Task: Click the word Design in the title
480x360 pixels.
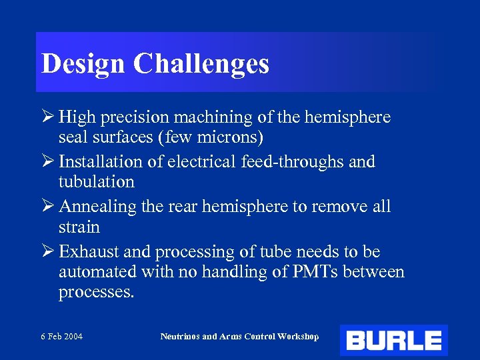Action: (x=83, y=64)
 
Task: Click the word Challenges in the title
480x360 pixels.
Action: (x=201, y=64)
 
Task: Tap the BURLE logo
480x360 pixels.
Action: (x=393, y=341)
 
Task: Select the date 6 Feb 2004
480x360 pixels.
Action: (x=61, y=337)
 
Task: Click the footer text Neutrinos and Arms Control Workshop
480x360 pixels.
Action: (x=239, y=337)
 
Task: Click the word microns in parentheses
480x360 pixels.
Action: (x=229, y=137)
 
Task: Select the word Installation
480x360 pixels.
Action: (x=101, y=162)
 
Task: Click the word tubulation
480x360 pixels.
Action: (x=97, y=181)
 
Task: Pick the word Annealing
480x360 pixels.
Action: (x=99, y=207)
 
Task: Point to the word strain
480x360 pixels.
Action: (x=79, y=227)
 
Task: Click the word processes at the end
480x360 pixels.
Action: (x=96, y=292)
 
